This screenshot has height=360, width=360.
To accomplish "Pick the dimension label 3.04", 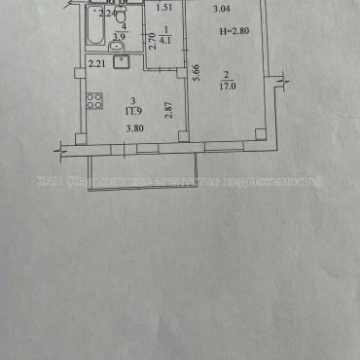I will click(x=222, y=10).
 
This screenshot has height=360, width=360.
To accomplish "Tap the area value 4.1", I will click(x=165, y=40).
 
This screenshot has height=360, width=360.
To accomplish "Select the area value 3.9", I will click(x=119, y=38).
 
